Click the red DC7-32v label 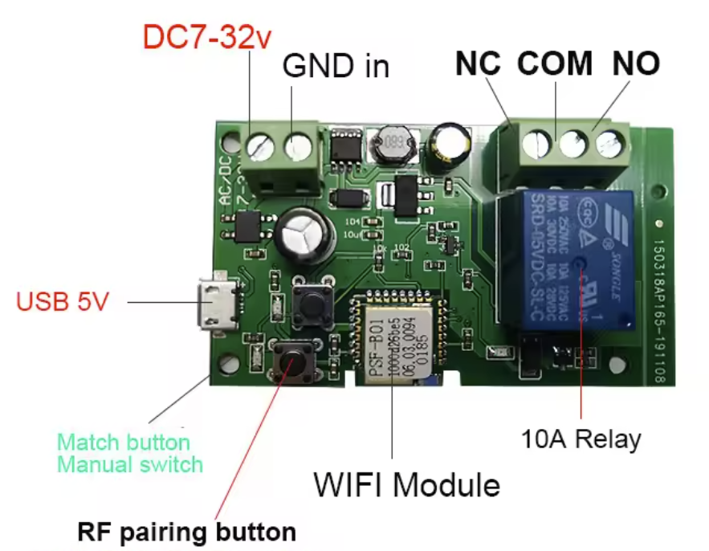207,38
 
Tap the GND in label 336,67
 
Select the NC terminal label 479,64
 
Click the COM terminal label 555,64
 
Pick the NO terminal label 636,64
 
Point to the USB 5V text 63,303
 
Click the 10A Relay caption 581,439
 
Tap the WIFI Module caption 406,485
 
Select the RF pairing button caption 187,532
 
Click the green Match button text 124,443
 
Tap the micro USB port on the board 216,304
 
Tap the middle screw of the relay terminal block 574,145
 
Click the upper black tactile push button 311,302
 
